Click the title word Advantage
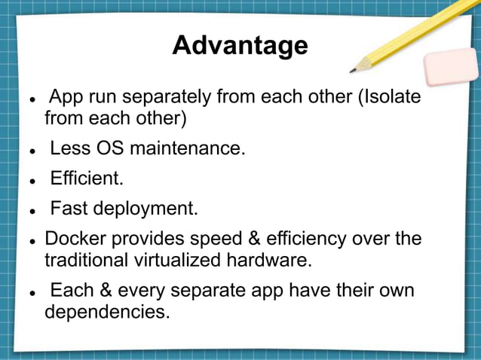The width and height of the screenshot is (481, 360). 240,46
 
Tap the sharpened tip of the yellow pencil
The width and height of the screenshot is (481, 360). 353,71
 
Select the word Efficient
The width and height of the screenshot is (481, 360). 86,179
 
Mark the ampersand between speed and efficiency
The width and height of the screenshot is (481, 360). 256,239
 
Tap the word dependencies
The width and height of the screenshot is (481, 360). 106,311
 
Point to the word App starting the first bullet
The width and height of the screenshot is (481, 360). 67,99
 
